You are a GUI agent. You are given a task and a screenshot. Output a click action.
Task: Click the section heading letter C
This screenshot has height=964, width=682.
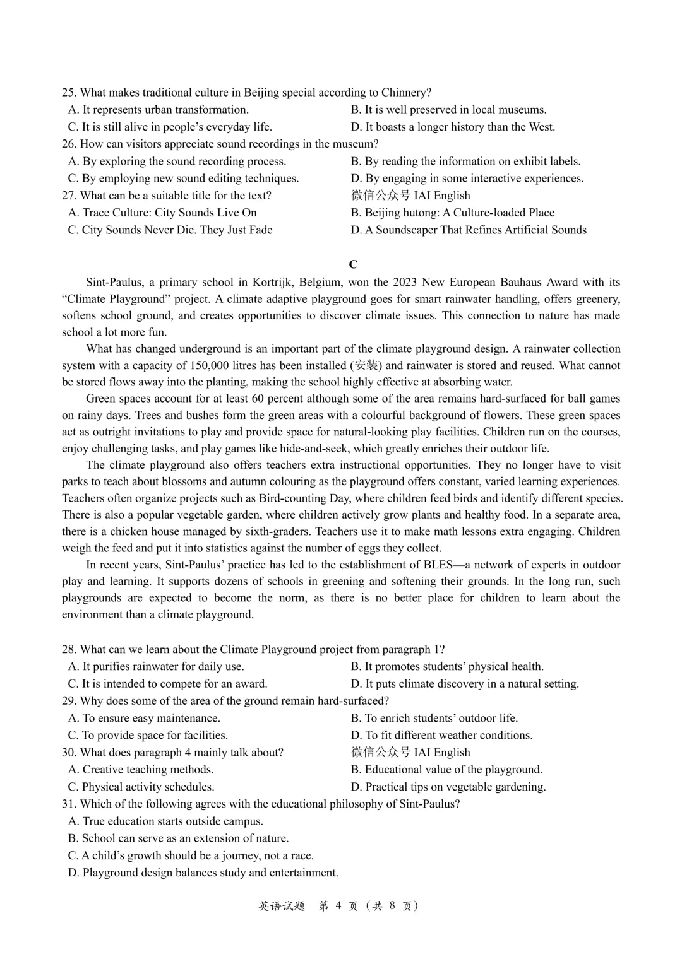pyautogui.click(x=353, y=264)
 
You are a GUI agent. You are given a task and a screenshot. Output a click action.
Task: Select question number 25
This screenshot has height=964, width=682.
pyautogui.click(x=69, y=93)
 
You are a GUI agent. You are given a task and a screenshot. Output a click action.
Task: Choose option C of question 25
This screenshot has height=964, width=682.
pyautogui.click(x=170, y=127)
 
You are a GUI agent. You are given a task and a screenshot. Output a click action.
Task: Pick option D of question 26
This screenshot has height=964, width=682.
pyautogui.click(x=467, y=179)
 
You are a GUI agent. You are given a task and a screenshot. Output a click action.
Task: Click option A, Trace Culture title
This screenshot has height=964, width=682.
pyautogui.click(x=162, y=213)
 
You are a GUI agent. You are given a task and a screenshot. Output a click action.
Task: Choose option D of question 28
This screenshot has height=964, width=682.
pyautogui.click(x=465, y=684)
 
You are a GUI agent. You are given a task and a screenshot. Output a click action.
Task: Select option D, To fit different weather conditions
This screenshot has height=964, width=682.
pyautogui.click(x=441, y=736)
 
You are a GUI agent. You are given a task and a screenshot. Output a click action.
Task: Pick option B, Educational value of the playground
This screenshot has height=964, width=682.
pyautogui.click(x=446, y=770)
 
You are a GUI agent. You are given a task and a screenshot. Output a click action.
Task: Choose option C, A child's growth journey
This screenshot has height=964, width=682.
pyautogui.click(x=191, y=855)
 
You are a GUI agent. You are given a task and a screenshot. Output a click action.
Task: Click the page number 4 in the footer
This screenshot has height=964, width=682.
pyautogui.click(x=338, y=906)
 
